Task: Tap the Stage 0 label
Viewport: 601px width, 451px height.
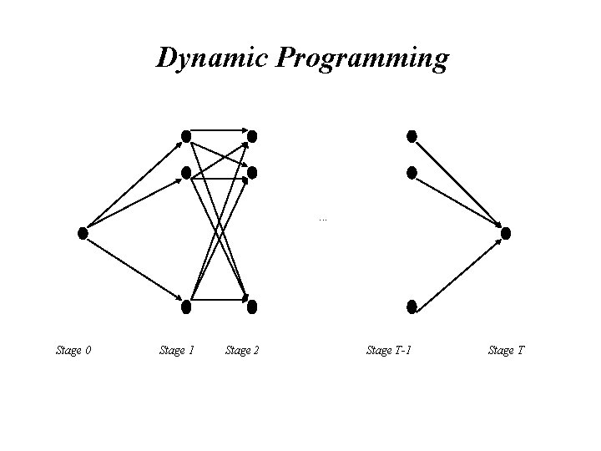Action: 73,350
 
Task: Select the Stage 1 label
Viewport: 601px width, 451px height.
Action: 176,350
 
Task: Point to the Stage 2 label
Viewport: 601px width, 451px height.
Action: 242,350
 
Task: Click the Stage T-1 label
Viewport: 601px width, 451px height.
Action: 389,350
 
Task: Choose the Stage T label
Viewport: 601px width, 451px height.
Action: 506,350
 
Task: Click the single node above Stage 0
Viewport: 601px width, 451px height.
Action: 83,233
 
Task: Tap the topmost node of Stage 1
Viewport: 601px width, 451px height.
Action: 187,135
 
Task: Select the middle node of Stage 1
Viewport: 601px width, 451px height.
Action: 187,174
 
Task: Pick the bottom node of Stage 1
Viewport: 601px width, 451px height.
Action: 186,307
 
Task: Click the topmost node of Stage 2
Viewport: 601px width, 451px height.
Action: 252,135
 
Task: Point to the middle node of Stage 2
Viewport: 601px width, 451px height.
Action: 252,173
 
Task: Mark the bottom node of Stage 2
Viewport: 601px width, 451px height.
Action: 252,307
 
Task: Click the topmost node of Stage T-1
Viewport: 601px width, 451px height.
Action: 412,135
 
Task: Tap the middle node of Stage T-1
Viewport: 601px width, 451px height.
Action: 412,173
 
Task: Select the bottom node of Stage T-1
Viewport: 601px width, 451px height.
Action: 412,307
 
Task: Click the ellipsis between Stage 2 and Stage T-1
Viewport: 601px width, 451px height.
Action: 322,219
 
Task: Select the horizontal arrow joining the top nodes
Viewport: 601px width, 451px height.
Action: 219,129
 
